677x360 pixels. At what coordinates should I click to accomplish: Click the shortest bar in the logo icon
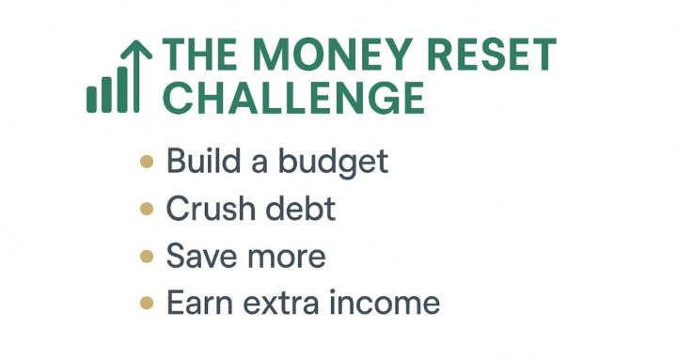click(x=92, y=99)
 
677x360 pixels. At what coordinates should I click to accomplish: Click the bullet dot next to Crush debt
click(x=146, y=209)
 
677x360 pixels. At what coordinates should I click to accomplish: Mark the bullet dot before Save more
click(x=146, y=256)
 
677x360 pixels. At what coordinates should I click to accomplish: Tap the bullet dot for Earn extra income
click(x=146, y=303)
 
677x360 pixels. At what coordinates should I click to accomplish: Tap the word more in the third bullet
click(x=281, y=257)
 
